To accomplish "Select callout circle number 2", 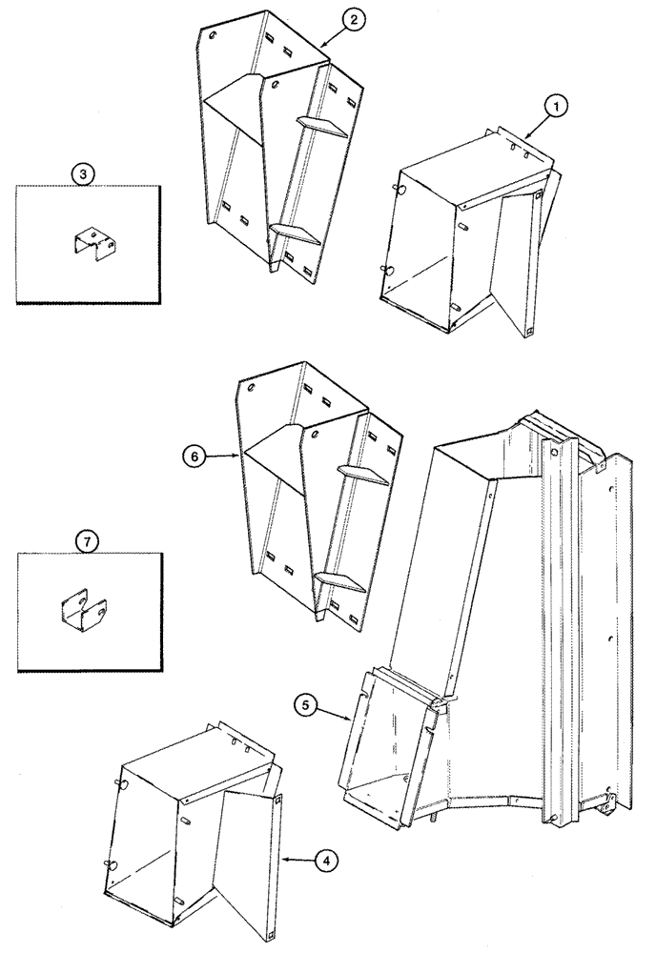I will [353, 25].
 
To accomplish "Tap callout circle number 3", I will [85, 173].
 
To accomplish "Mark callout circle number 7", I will [87, 542].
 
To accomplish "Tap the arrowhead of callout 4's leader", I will [285, 860].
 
